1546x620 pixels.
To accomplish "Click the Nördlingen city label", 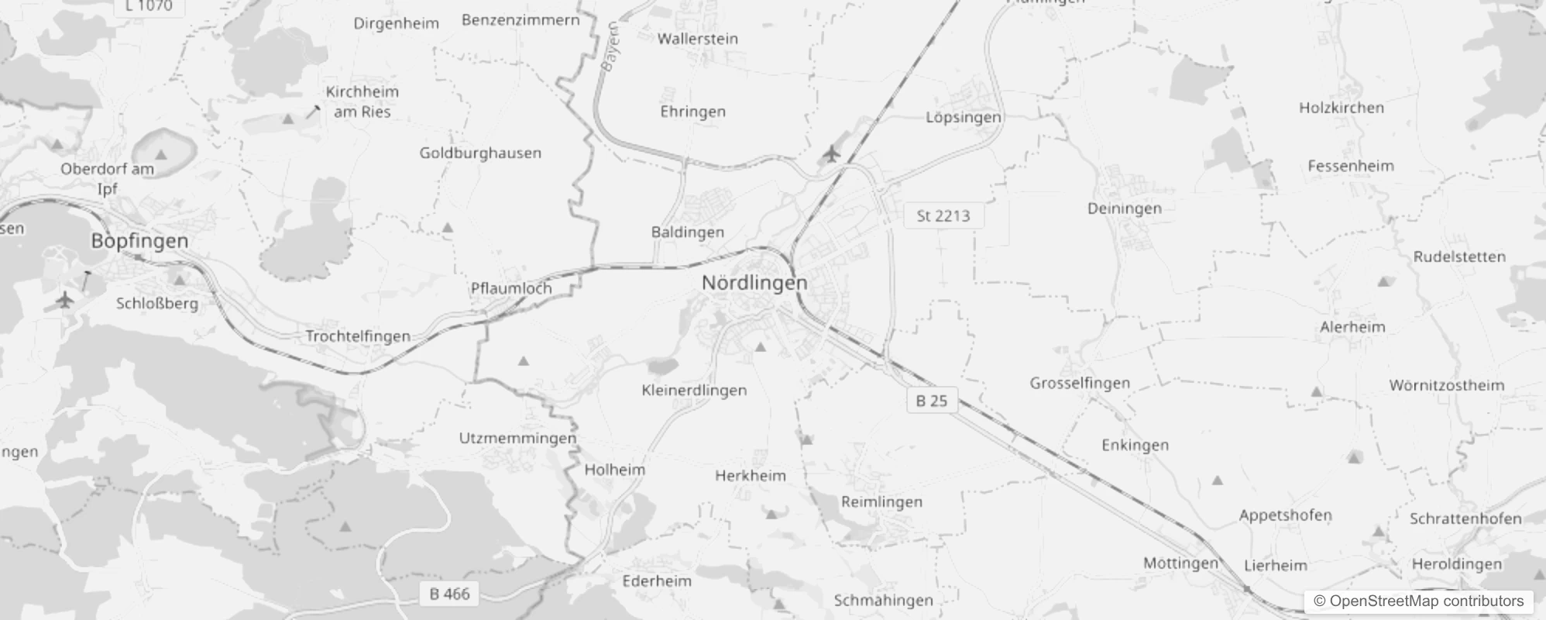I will (x=754, y=283).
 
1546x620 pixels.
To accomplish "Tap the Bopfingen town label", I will (x=139, y=240).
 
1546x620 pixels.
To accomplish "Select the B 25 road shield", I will (x=931, y=401).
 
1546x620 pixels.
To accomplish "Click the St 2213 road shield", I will (x=943, y=216).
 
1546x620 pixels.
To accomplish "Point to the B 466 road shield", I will (x=449, y=594).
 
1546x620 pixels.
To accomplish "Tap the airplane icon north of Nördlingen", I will (x=832, y=153).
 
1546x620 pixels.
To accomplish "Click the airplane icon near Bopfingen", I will (x=65, y=299).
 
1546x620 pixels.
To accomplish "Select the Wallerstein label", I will (x=697, y=39).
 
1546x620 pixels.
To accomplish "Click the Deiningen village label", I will (x=1124, y=208).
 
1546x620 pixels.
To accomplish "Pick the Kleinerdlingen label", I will (x=694, y=391).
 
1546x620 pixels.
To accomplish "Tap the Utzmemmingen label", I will (x=517, y=439).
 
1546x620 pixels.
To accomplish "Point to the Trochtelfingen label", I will (x=358, y=336).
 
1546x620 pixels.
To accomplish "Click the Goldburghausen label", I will (x=480, y=153).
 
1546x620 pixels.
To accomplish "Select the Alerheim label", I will (x=1352, y=327).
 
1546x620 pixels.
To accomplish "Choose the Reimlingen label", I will (x=881, y=502).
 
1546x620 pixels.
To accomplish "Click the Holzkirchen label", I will (x=1341, y=108).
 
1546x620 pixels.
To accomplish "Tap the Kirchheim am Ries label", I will (x=362, y=102).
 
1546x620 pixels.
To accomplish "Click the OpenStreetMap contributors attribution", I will (x=1417, y=601).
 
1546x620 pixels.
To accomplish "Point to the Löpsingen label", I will (x=964, y=118).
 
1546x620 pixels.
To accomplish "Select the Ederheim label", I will (x=657, y=581).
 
